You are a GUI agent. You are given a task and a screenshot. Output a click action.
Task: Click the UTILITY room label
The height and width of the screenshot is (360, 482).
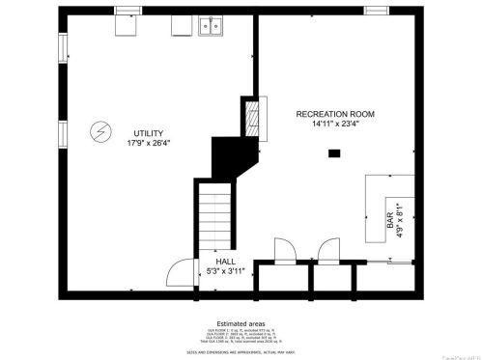148,133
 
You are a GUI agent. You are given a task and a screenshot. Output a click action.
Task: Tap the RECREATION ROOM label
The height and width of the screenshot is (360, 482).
335,114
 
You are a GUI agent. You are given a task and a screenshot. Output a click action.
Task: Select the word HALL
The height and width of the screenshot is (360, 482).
225,262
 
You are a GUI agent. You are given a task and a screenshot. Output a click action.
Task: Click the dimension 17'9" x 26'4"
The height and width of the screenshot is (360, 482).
148,144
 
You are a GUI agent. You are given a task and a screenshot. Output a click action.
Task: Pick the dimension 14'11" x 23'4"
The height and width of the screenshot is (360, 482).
335,124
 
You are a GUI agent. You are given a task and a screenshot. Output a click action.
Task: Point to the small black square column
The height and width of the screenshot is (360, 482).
334,152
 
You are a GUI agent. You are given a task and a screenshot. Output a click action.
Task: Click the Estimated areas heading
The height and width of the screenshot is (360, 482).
241,323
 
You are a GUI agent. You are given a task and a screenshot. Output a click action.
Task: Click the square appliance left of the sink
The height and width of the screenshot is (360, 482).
182,27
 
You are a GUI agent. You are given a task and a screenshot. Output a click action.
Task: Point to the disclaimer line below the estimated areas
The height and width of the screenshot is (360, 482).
241,350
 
